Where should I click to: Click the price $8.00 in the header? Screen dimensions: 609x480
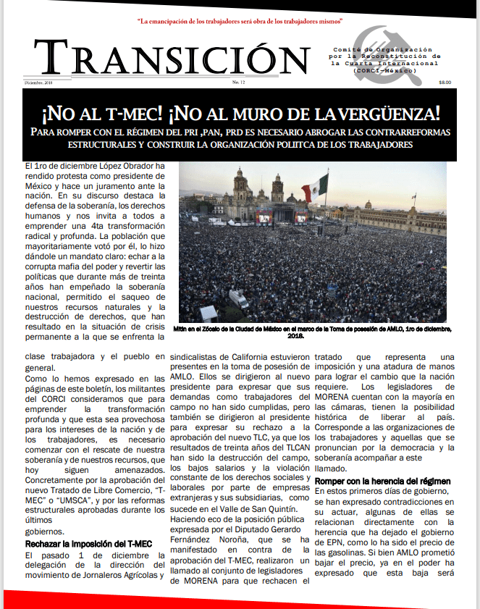(x=445, y=82)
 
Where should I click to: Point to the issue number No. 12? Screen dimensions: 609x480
(x=239, y=83)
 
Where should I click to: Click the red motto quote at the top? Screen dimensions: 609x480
(x=240, y=22)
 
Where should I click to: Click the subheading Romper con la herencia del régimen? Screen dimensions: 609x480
(x=383, y=482)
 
